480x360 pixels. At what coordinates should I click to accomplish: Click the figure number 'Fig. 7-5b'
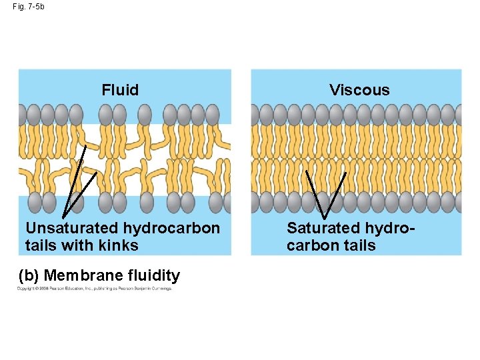coord(28,7)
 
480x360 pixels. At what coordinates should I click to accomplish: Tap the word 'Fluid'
coord(120,90)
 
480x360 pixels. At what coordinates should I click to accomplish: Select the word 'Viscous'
coord(359,90)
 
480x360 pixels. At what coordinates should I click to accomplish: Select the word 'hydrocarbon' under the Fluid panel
coord(171,229)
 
